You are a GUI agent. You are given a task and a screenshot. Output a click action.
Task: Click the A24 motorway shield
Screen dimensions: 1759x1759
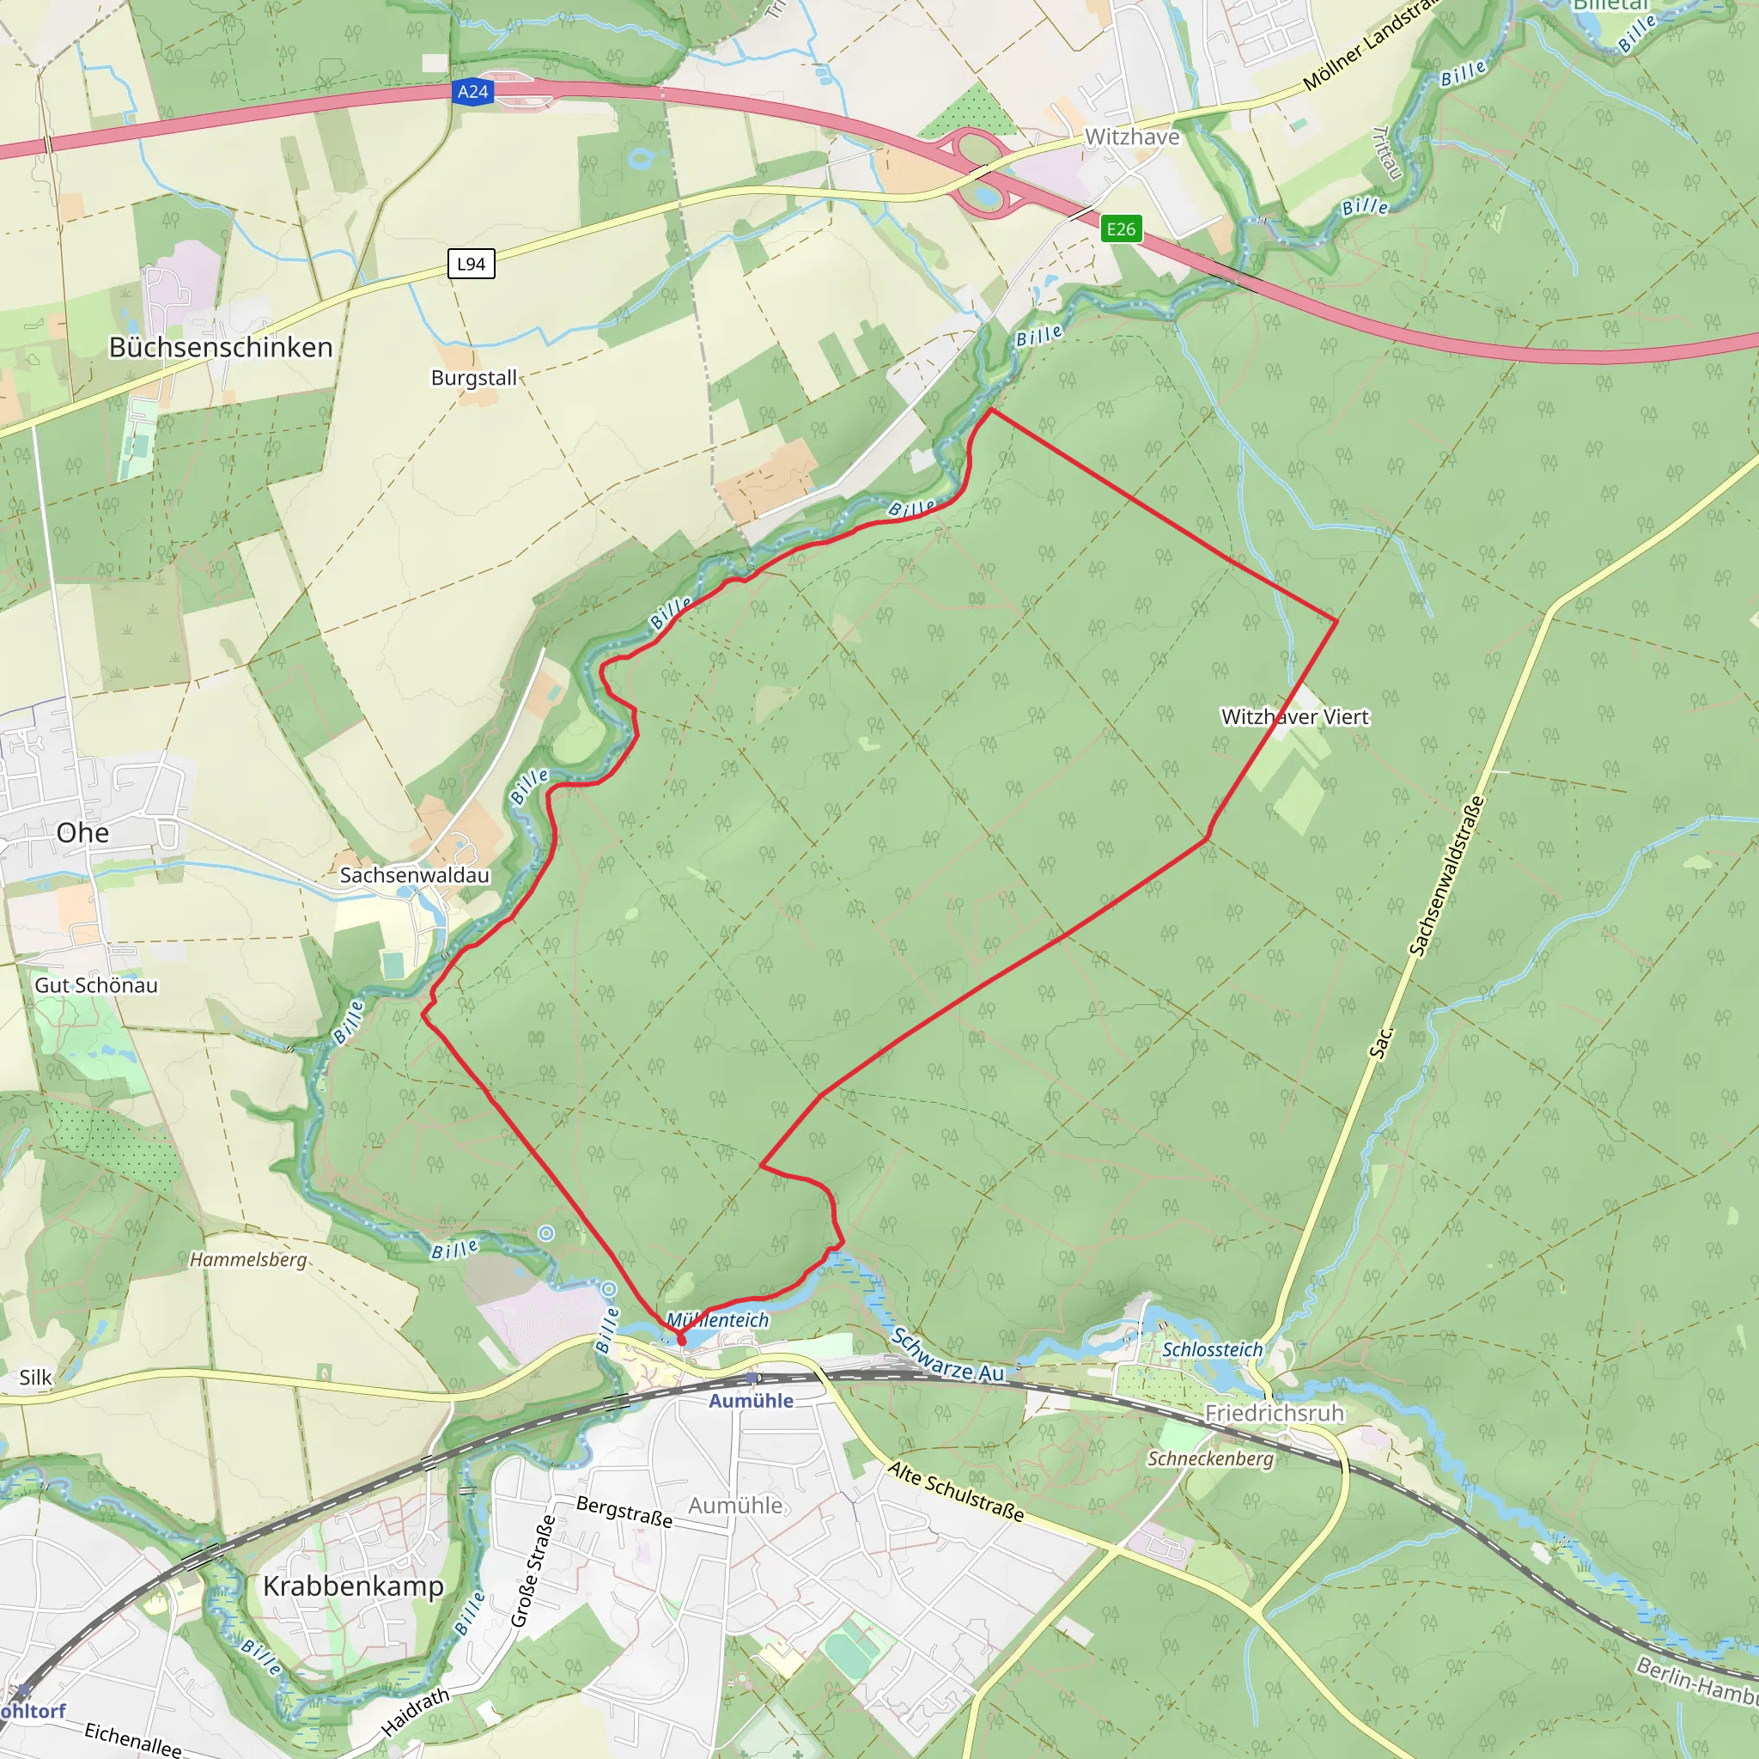click(472, 92)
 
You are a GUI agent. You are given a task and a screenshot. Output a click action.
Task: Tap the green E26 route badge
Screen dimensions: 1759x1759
click(1121, 228)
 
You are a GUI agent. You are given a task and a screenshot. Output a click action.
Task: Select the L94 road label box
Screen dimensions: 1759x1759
click(471, 264)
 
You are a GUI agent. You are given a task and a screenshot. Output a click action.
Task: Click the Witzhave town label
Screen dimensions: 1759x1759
click(1132, 137)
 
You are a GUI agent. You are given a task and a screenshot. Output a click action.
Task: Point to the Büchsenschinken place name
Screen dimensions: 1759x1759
click(221, 348)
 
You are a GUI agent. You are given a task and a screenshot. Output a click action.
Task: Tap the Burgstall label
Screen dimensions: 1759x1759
click(473, 378)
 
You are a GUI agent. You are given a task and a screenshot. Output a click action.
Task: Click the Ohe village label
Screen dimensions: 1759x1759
click(82, 833)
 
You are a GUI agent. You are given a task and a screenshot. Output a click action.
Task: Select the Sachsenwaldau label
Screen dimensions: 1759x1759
click(414, 875)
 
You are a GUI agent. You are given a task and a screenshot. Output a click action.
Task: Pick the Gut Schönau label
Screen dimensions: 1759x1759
click(96, 985)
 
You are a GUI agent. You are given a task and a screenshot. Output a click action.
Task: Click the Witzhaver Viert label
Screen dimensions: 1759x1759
click(1294, 716)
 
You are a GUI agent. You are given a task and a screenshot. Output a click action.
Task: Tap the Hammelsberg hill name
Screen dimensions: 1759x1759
click(247, 1260)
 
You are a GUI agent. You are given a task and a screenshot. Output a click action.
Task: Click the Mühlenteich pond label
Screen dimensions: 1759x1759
click(717, 1320)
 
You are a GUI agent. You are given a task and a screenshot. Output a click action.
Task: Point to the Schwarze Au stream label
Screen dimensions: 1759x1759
click(948, 1355)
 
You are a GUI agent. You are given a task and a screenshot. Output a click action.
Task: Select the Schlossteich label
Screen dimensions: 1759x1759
click(1213, 1349)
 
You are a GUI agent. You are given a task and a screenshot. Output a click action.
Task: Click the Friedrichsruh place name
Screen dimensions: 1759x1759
click(1274, 1413)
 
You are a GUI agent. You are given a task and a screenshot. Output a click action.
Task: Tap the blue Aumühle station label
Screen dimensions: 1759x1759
click(752, 1401)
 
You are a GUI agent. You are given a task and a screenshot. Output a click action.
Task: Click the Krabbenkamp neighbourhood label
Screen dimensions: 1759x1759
click(353, 1586)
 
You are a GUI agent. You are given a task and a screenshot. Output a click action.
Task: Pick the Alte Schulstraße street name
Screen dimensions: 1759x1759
click(956, 1491)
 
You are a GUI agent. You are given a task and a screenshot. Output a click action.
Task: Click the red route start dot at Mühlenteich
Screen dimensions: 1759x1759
click(682, 1340)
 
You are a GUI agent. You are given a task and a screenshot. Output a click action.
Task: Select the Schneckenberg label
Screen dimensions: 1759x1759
click(1210, 1458)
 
